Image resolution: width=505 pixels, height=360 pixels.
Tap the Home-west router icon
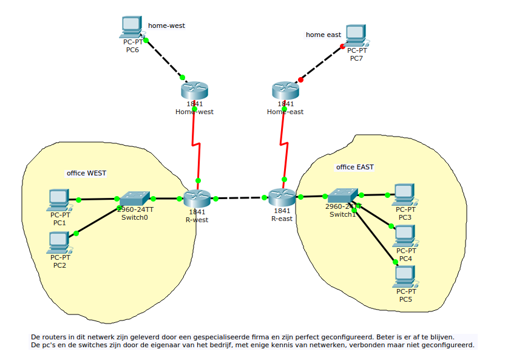coord(194,91)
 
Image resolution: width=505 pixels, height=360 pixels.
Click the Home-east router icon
coord(285,91)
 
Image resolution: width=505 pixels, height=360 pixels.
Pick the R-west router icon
coord(197,198)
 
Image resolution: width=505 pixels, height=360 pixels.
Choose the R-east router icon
coord(282,197)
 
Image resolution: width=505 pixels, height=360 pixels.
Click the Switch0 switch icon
coord(134,199)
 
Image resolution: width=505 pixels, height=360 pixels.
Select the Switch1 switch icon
coord(343,195)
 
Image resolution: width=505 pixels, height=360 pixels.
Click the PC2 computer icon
coord(59,242)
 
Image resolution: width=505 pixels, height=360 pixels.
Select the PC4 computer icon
coord(405,236)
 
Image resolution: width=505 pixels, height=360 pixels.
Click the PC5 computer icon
coord(405,276)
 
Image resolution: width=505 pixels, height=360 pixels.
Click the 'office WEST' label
coord(86,173)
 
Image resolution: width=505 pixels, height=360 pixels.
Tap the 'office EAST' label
coord(355,167)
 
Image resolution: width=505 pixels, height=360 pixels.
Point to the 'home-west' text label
coord(166,25)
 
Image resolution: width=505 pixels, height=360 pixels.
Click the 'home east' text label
coord(324,35)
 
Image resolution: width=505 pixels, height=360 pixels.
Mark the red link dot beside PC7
coord(342,46)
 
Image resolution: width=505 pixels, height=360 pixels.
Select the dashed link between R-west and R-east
coord(239,198)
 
